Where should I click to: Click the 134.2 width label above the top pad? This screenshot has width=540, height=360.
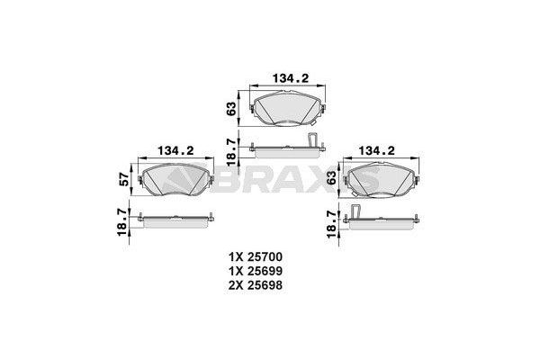click(291, 78)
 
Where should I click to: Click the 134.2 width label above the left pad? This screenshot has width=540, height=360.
click(175, 151)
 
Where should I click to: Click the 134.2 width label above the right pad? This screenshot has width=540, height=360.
click(377, 151)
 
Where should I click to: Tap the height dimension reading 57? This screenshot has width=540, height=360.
click(124, 179)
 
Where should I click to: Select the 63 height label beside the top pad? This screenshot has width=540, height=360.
click(232, 109)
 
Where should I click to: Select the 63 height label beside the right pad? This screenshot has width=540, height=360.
click(331, 178)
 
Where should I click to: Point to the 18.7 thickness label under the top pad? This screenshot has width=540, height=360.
click(232, 152)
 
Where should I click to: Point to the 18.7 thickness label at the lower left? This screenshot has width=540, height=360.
click(123, 222)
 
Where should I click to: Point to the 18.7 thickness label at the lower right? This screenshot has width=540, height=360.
click(331, 225)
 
